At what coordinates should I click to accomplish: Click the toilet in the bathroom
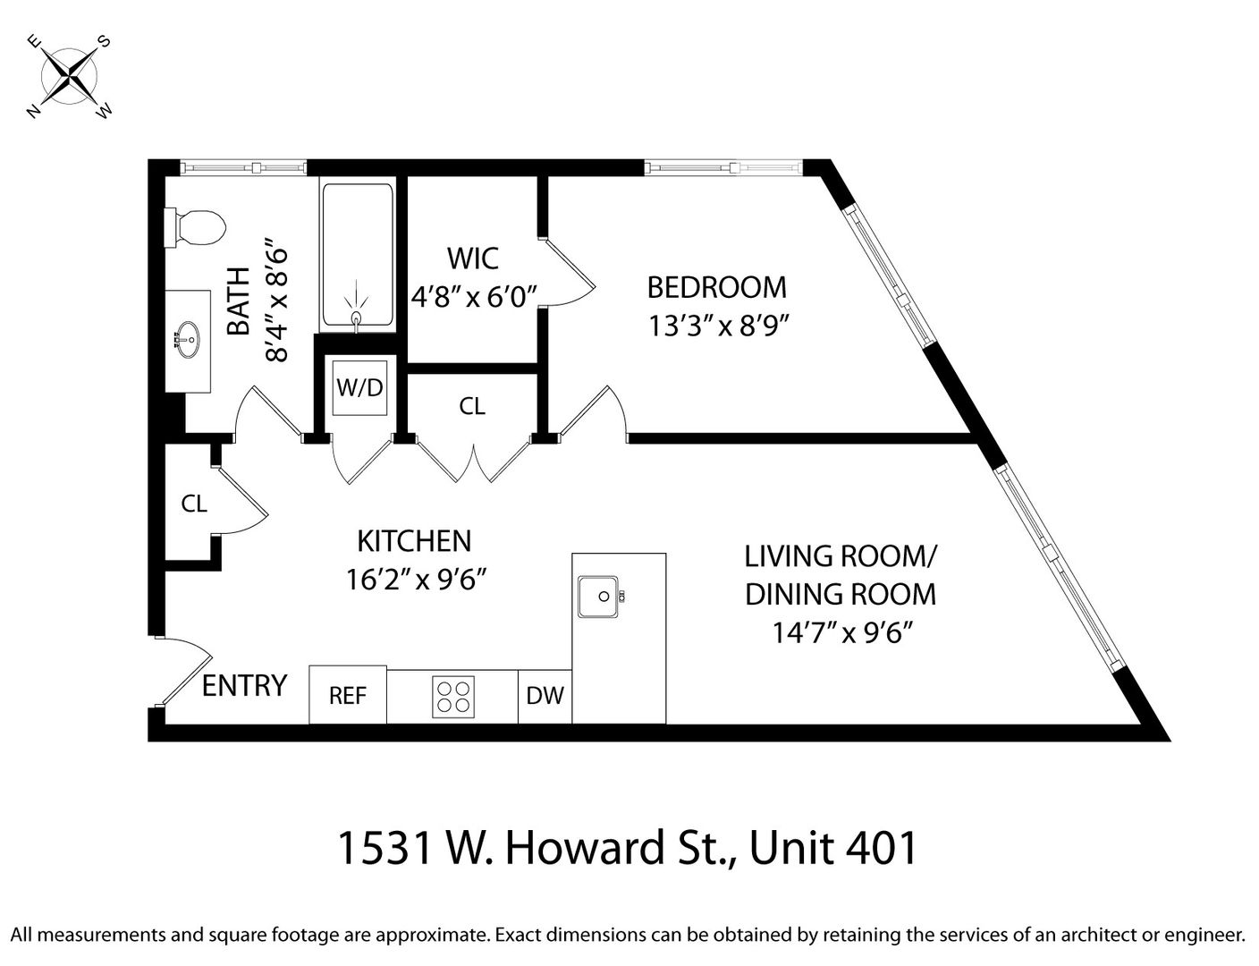[195, 228]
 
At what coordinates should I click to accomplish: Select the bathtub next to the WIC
[358, 255]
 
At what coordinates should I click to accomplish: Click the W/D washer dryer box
[359, 387]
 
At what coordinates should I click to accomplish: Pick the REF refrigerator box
[348, 695]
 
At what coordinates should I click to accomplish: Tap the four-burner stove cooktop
[453, 697]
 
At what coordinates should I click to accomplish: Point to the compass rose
[70, 76]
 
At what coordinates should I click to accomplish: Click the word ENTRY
[244, 686]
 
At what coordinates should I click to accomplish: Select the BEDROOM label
[717, 288]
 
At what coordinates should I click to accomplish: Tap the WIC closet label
[473, 258]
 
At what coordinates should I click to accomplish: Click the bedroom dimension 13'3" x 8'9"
[719, 326]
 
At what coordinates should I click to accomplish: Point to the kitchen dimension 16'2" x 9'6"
[416, 579]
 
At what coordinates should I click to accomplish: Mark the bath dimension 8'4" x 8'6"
[275, 305]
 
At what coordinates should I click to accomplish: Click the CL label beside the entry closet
[194, 504]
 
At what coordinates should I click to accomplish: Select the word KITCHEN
[414, 541]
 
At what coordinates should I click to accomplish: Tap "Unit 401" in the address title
[833, 848]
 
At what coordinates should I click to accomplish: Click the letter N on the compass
[34, 111]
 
